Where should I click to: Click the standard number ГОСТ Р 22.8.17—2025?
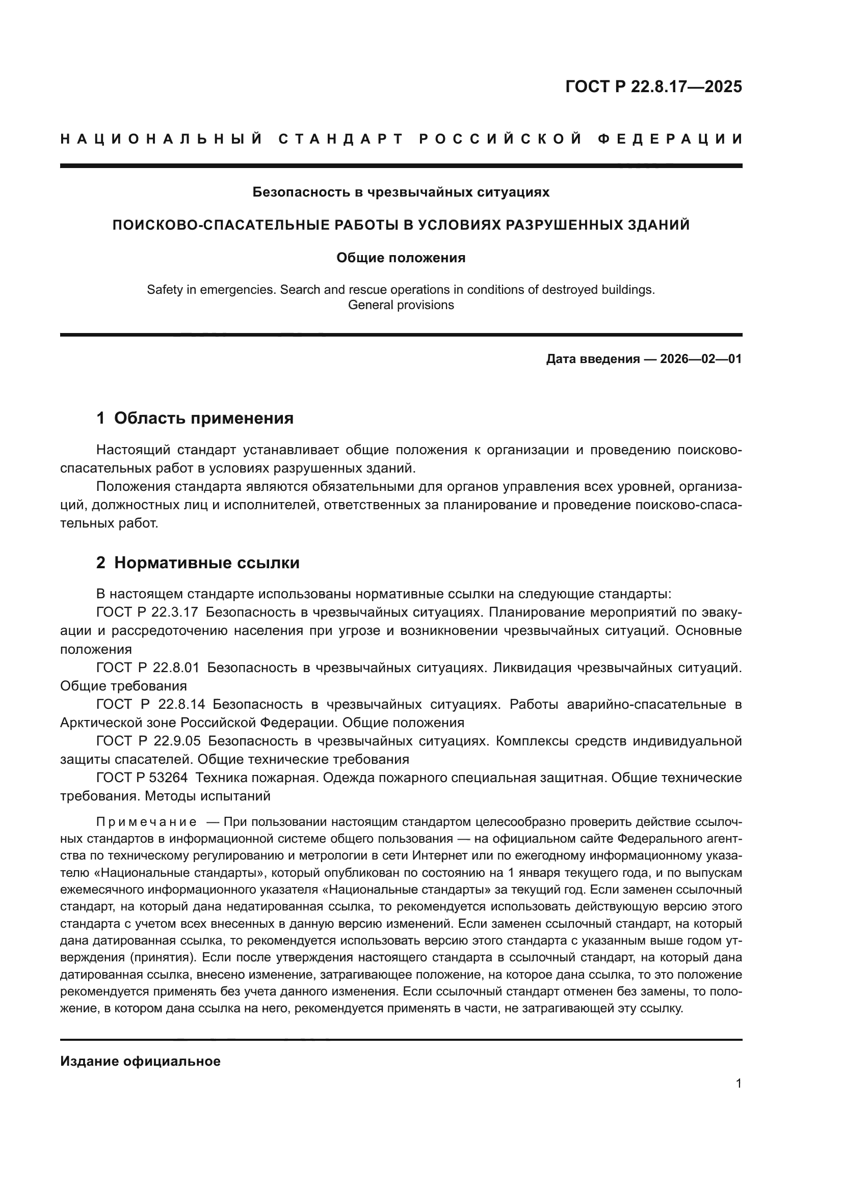tap(653, 87)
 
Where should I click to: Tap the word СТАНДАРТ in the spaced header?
tap(341, 139)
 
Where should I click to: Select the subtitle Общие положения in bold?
tap(401, 258)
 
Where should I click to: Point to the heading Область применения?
tap(203, 418)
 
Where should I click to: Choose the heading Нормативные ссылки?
tap(206, 563)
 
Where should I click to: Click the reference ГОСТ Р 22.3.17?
tap(147, 612)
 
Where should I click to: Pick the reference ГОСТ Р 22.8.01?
tap(148, 668)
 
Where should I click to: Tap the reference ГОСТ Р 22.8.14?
tap(150, 704)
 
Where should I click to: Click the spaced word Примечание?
tap(146, 822)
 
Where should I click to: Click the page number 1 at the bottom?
tap(738, 1084)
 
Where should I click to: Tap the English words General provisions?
tap(401, 305)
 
